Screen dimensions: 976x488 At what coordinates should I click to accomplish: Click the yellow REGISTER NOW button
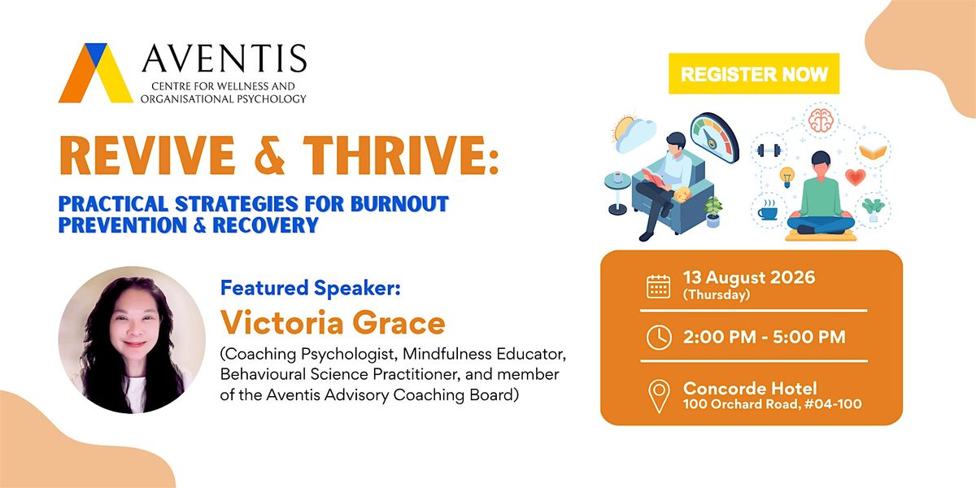click(x=754, y=74)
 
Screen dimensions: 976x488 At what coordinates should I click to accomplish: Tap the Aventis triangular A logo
click(x=96, y=72)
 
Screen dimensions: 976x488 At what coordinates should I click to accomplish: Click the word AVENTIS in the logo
click(x=224, y=59)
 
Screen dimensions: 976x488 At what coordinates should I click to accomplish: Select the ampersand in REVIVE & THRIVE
click(x=269, y=155)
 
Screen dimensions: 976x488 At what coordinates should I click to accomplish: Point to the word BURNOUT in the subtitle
click(x=399, y=203)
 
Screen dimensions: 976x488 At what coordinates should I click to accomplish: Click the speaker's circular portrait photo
click(x=132, y=340)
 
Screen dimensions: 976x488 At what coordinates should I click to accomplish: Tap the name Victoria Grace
click(x=333, y=322)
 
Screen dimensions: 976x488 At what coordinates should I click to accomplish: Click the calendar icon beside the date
click(x=658, y=286)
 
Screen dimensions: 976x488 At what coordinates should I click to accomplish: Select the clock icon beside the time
click(x=659, y=338)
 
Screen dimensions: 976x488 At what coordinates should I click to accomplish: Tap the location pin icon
click(x=659, y=395)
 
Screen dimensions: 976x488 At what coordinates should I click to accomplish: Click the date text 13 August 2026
click(x=749, y=277)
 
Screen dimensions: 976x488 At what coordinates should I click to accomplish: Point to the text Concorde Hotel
click(x=750, y=388)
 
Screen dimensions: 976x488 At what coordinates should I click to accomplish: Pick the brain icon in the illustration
click(x=821, y=120)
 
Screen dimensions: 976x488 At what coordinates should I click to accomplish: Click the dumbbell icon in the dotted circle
click(x=769, y=150)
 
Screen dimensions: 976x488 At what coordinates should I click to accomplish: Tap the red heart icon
click(x=856, y=177)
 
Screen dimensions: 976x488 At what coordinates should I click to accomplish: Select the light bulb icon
click(x=787, y=177)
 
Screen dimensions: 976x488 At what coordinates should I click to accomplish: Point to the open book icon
click(x=873, y=151)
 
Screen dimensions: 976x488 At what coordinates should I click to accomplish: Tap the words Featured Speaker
click(x=310, y=288)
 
